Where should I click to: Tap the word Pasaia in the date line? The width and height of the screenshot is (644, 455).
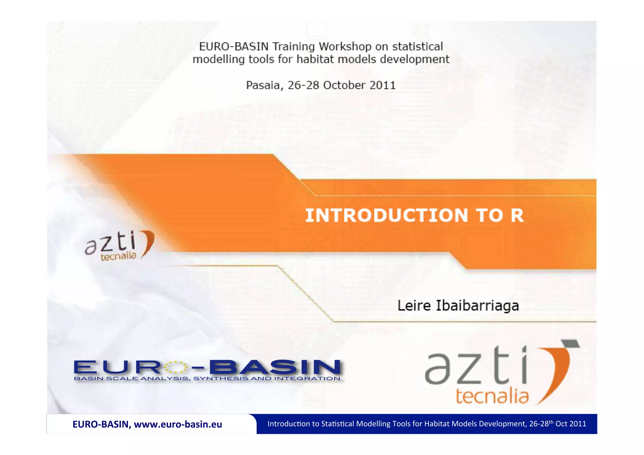point(263,85)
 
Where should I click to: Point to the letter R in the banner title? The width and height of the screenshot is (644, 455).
point(517,215)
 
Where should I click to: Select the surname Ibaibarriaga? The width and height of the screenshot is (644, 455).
point(477,306)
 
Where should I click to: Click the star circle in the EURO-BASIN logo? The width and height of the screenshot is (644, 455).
point(176,367)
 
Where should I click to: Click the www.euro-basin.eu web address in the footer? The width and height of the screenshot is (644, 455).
point(178,424)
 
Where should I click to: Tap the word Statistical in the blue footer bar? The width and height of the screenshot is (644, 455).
point(337,424)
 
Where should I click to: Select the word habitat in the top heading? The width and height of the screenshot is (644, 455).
point(315,59)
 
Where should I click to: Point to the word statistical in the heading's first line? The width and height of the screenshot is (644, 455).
point(417,47)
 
